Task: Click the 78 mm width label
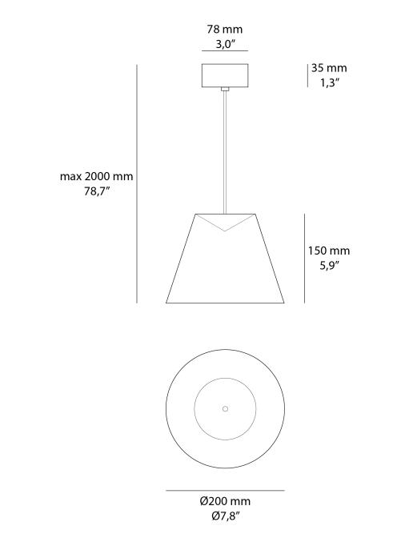(225, 30)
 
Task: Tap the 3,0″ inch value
(225, 45)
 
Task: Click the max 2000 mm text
(97, 177)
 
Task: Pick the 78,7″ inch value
(97, 193)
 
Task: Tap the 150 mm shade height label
(329, 251)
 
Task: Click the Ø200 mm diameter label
(225, 501)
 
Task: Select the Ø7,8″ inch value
(225, 516)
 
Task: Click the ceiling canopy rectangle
(225, 75)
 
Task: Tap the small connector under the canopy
(225, 90)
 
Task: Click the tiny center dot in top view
(225, 408)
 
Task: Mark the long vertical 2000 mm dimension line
(138, 184)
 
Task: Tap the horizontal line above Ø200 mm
(225, 490)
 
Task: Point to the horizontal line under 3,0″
(225, 54)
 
